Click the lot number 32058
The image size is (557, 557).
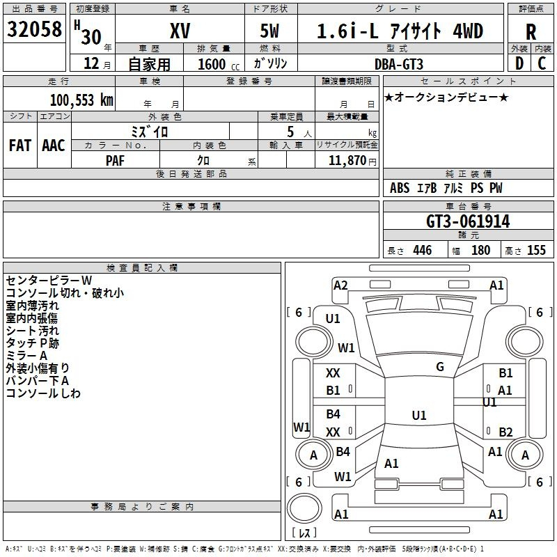point(34,30)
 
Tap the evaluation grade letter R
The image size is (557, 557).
point(531,32)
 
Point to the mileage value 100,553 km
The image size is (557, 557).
point(81,100)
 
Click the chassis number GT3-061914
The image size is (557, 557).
point(468,222)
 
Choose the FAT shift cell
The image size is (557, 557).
point(20,146)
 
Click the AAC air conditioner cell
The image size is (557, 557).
point(54,146)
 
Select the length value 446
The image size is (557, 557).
point(422,251)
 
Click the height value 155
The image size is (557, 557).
point(536,251)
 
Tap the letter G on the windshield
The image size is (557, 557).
point(440,367)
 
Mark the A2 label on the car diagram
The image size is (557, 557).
point(340,285)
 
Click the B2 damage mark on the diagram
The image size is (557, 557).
point(505,432)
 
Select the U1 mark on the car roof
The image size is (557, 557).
point(418,416)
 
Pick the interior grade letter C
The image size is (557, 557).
point(542,63)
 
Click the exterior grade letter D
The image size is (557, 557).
point(519,63)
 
